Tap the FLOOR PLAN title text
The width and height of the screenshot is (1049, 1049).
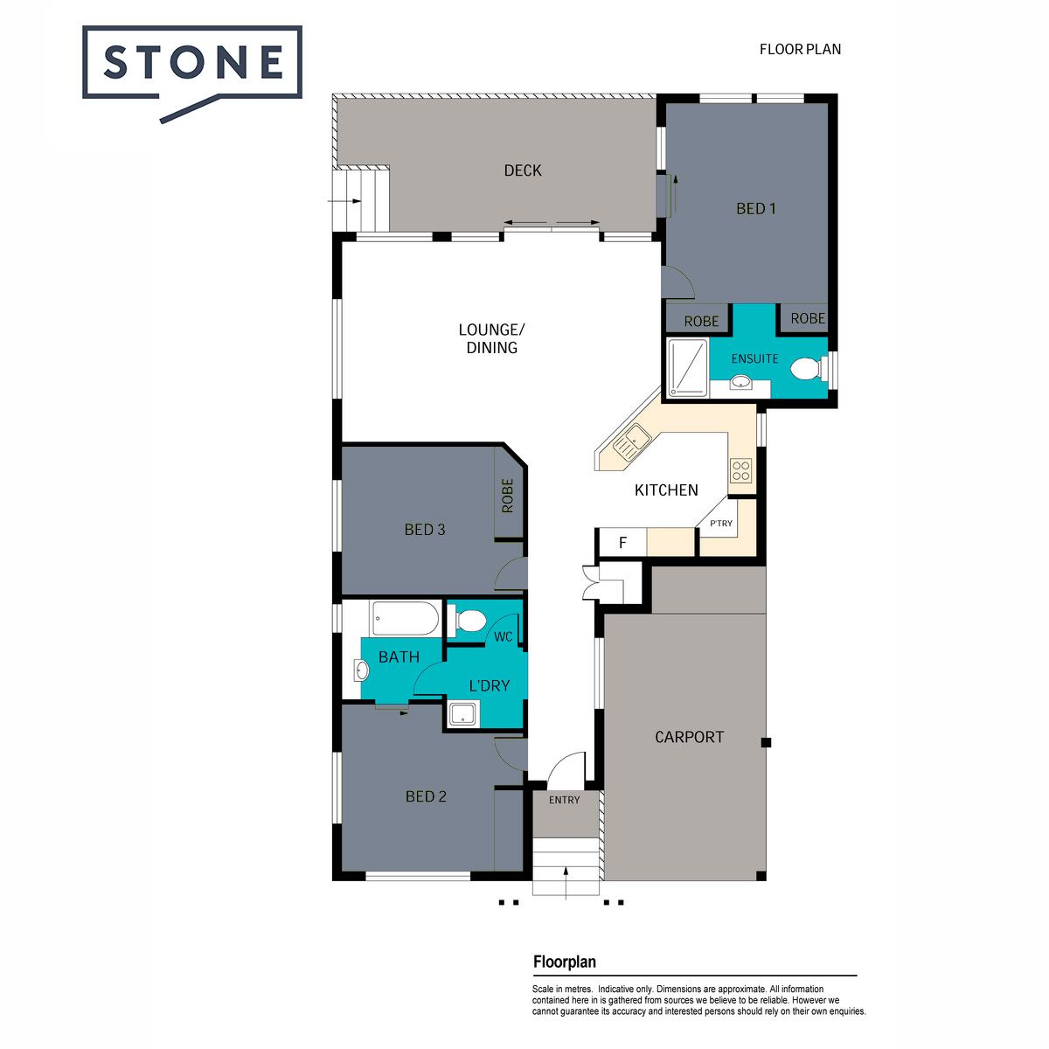(800, 50)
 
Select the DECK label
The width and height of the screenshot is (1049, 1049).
(523, 171)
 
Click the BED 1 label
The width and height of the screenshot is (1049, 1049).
(755, 209)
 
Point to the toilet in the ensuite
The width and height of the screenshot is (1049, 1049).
(805, 369)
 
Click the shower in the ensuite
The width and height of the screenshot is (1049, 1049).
(688, 367)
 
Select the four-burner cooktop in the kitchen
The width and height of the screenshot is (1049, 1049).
(741, 471)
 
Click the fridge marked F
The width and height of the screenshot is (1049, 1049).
(622, 542)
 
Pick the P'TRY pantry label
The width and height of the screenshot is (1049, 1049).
(721, 523)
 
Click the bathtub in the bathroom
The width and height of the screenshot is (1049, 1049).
(406, 618)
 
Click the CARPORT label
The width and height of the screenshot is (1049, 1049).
(689, 737)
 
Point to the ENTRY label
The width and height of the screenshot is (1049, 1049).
(565, 800)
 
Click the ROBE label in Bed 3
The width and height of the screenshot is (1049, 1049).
(507, 496)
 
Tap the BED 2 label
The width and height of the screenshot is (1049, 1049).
(426, 796)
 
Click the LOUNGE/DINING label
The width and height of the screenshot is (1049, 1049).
(491, 338)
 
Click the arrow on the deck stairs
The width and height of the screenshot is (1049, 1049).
(344, 201)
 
